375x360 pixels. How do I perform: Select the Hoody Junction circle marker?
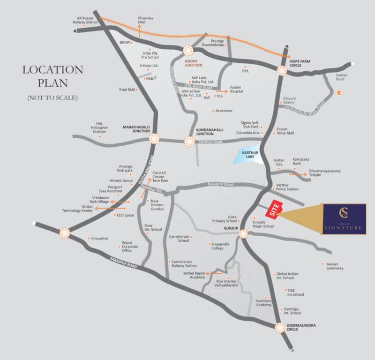pyautogui.click(x=189, y=51)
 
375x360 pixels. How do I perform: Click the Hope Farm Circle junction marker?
pyautogui.click(x=282, y=71)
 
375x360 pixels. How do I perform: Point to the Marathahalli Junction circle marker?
pyautogui.click(x=154, y=139)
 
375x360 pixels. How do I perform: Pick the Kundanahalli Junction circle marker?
pyautogui.click(x=189, y=141)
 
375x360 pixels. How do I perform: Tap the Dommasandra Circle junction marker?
pyautogui.click(x=280, y=328)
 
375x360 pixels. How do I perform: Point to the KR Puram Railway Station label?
pyautogui.click(x=85, y=20)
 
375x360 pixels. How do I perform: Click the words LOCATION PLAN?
pyautogui.click(x=52, y=76)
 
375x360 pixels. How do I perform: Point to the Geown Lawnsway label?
pyautogui.click(x=335, y=266)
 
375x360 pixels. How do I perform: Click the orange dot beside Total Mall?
pyautogui.click(x=138, y=89)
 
